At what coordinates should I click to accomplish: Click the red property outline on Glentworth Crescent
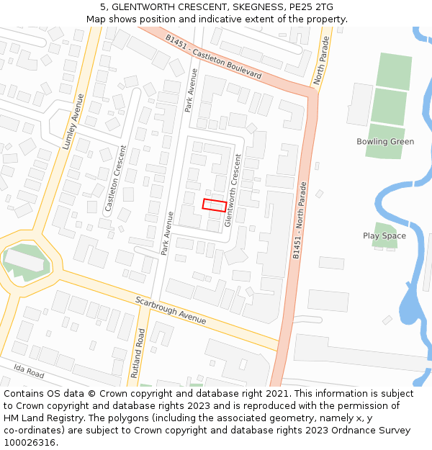coord(215,204)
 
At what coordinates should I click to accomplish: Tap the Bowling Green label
coord(385,142)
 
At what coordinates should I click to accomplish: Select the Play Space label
coord(384,236)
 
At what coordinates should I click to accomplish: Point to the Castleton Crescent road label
coord(115,178)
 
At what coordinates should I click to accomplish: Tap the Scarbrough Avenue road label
coord(171,310)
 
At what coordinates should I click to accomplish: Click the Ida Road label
coord(28,372)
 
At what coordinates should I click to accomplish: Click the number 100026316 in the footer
coord(30,442)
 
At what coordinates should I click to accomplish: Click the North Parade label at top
coord(322,60)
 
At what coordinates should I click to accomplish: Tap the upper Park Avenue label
coord(189,90)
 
